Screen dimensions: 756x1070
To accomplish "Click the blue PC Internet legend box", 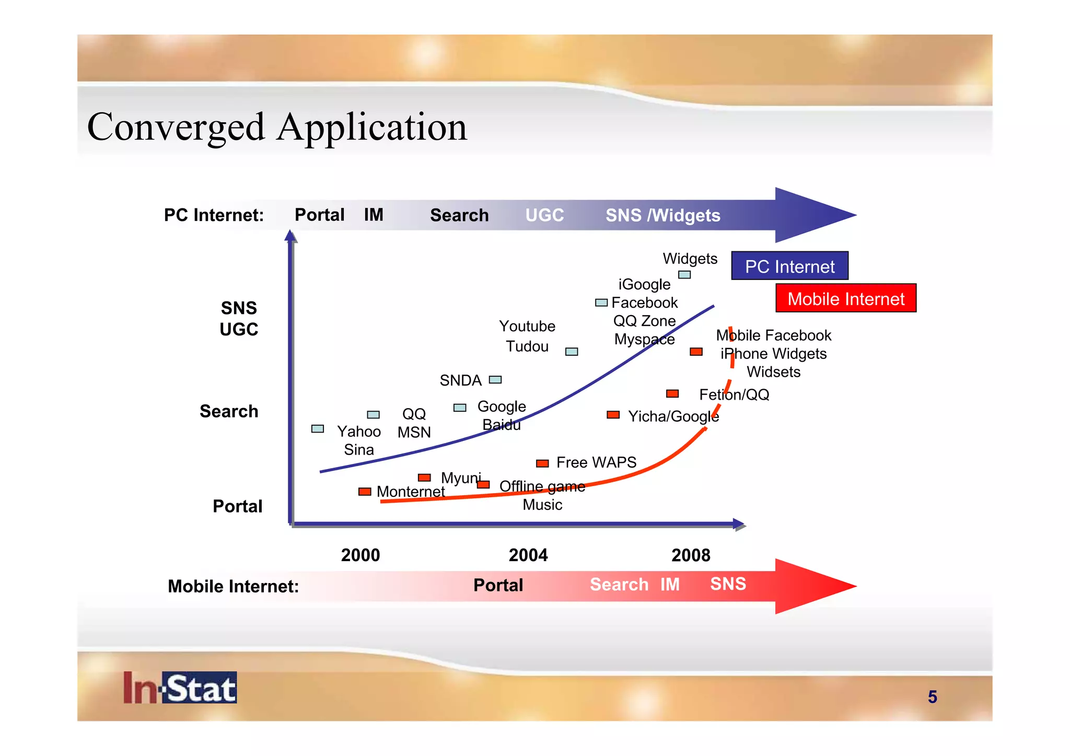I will pyautogui.click(x=789, y=266).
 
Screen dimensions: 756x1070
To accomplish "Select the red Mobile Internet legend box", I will pyautogui.click(x=845, y=298).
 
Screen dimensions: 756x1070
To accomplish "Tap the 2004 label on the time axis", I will pyautogui.click(x=528, y=555).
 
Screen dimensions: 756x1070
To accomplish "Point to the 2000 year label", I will pyautogui.click(x=360, y=555).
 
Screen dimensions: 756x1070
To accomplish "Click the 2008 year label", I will pyautogui.click(x=691, y=555).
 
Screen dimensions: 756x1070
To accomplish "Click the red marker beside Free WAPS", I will pyautogui.click(x=542, y=463).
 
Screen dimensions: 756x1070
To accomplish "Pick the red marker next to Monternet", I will pyautogui.click(x=365, y=492).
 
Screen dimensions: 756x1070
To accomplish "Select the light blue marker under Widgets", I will pyautogui.click(x=684, y=275).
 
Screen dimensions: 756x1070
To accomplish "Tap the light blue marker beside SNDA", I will pyautogui.click(x=495, y=380).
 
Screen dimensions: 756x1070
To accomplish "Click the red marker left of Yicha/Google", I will pyautogui.click(x=613, y=415).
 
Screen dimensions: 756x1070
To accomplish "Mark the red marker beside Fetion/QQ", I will pyautogui.click(x=672, y=393).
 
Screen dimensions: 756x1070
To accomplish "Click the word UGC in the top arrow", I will pyautogui.click(x=544, y=215).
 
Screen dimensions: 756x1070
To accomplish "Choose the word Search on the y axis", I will pyautogui.click(x=229, y=411).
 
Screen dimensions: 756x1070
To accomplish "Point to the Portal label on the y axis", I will pyautogui.click(x=237, y=506).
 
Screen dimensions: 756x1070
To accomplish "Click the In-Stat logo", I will pyautogui.click(x=180, y=688).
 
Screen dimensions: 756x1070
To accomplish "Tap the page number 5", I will pyautogui.click(x=932, y=697).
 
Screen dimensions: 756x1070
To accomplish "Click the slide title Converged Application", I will pyautogui.click(x=277, y=127).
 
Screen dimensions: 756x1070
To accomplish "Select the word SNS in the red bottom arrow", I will pyautogui.click(x=728, y=584).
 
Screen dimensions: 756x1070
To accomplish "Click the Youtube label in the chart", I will pyautogui.click(x=527, y=326).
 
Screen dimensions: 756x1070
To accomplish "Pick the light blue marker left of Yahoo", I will pyautogui.click(x=318, y=429).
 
